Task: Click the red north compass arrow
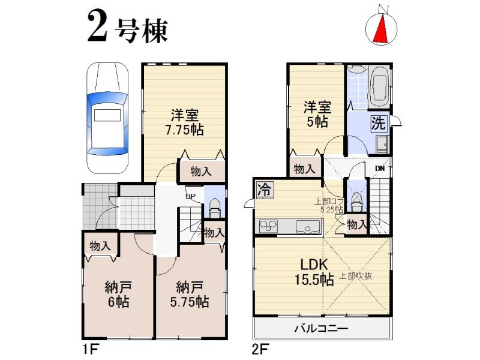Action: point(380,29)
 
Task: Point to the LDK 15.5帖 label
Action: point(312,272)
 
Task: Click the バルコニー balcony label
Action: point(321,329)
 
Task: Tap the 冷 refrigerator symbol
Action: point(263,190)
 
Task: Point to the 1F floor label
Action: point(89,348)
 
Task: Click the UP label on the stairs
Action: point(191,196)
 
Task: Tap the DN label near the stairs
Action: point(380,169)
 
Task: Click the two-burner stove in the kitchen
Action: point(268,226)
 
